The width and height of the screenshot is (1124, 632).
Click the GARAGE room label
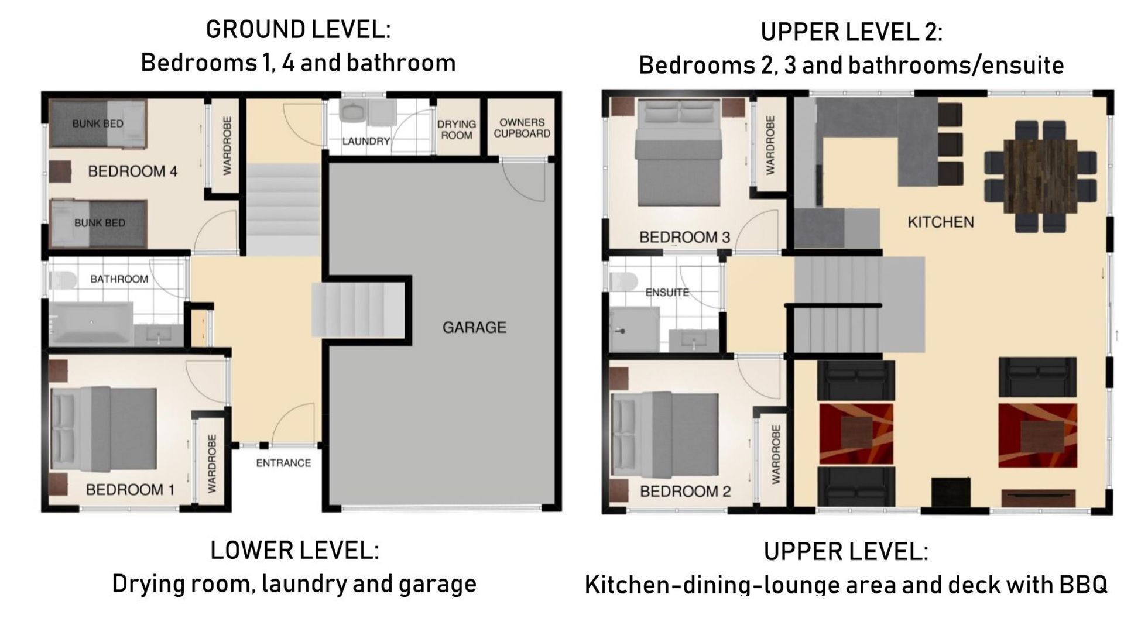(474, 328)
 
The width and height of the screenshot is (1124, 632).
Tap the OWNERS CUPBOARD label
(522, 128)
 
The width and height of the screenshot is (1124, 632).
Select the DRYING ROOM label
(457, 130)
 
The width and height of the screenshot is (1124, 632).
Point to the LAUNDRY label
(366, 142)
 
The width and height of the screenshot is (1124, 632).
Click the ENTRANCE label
(283, 463)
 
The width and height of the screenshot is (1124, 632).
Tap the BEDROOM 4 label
(133, 171)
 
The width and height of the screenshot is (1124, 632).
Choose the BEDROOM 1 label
(130, 490)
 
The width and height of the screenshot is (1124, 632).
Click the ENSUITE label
(667, 292)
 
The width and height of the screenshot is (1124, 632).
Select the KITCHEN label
(941, 222)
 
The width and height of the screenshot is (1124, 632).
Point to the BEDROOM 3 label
(684, 238)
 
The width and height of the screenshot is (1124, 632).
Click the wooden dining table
(1040, 177)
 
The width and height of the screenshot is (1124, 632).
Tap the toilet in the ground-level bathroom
(61, 280)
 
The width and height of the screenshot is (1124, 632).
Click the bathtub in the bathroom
(91, 323)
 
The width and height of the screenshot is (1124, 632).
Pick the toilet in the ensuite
(623, 281)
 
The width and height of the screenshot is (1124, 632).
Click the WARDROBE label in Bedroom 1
(212, 463)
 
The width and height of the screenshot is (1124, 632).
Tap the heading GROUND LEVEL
(298, 30)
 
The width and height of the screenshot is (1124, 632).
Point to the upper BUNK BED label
(98, 123)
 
